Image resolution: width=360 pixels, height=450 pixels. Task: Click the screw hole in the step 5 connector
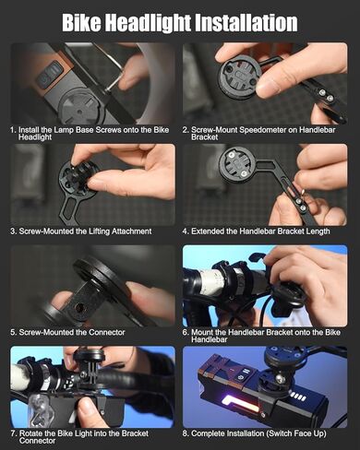(80, 307)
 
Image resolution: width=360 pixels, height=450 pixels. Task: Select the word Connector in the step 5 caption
(106, 332)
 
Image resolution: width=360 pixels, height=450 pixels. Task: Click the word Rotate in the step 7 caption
(30, 433)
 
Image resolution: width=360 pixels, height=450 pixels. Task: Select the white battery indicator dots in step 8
(298, 397)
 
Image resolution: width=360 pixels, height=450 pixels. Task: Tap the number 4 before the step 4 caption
(185, 231)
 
